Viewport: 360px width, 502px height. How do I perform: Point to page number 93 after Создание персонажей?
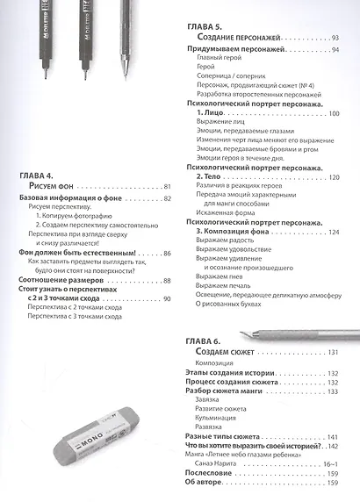point(335,39)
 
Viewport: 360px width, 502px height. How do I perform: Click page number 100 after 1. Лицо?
point(333,114)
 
